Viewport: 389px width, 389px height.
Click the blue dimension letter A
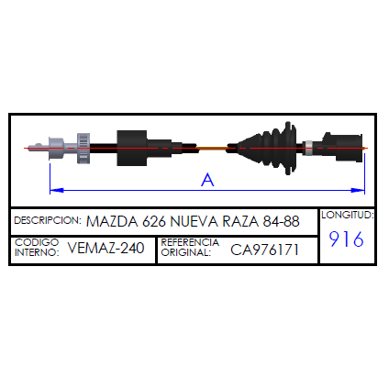pos(207,180)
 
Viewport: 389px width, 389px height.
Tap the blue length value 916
pos(347,239)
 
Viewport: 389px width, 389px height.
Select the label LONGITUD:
pos(348,215)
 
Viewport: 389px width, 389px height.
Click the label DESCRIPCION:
pos(48,220)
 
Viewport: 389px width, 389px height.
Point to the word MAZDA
pos(112,221)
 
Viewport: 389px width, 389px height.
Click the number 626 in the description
pos(154,221)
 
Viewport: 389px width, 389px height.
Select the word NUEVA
pos(194,221)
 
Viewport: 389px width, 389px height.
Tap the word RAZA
pos(240,221)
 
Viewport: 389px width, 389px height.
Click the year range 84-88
pos(281,221)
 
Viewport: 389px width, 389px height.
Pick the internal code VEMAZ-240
pos(106,248)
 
